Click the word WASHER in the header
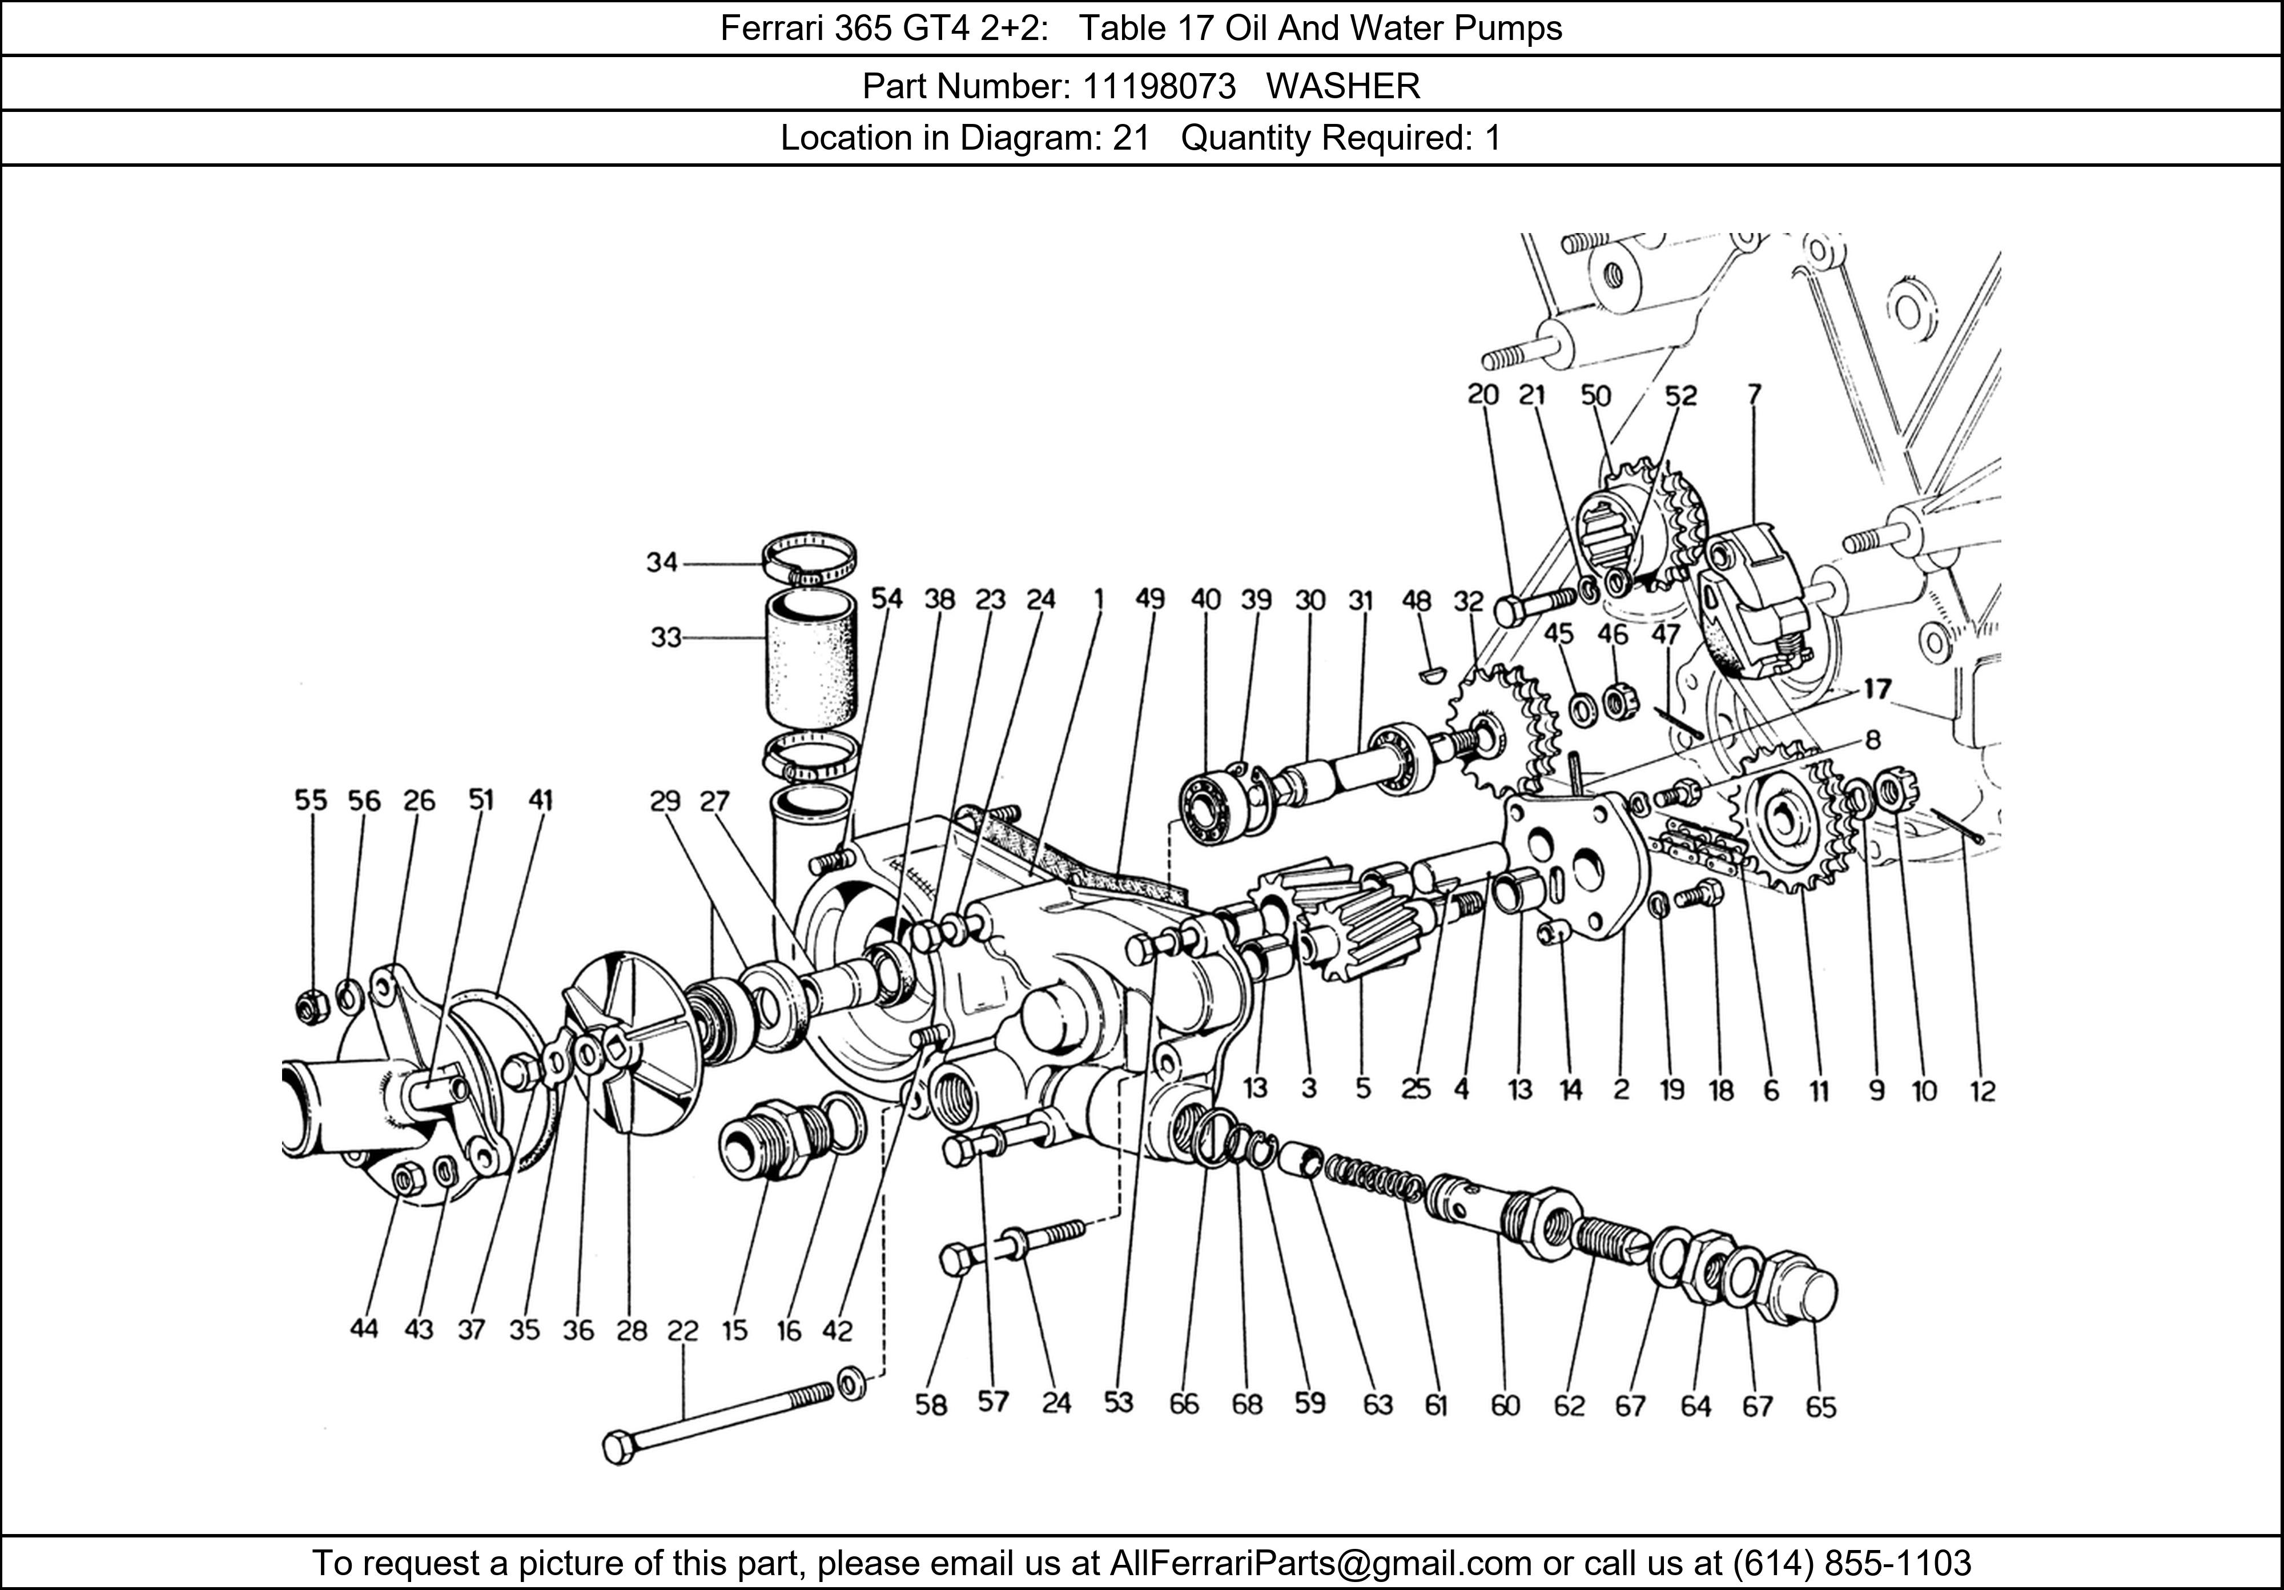(x=1343, y=87)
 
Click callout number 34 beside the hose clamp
(x=662, y=563)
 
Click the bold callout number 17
(x=1876, y=689)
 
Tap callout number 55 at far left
(x=311, y=800)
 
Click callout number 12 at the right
(x=1983, y=1091)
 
